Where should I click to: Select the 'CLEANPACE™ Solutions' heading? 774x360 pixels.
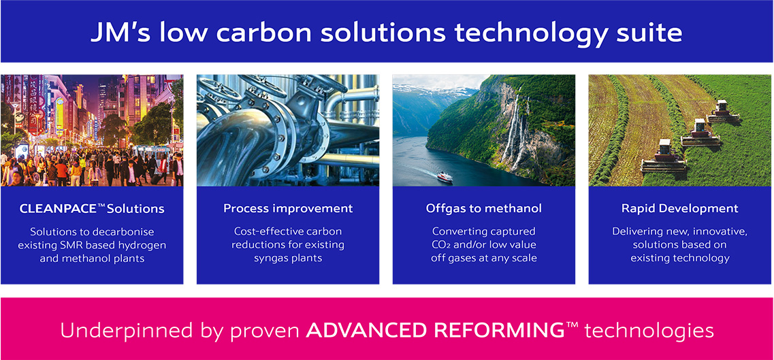(92, 209)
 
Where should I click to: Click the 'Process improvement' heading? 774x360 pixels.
(288, 209)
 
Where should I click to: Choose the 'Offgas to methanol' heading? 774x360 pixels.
(484, 209)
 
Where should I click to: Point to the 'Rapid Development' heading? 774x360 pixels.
(680, 209)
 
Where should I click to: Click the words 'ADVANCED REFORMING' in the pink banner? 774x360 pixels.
(435, 330)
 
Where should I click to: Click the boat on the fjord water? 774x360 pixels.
(445, 176)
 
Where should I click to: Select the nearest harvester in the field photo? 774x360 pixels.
(664, 157)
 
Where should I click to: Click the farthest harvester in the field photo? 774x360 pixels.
(724, 112)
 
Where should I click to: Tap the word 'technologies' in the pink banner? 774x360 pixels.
(649, 331)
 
